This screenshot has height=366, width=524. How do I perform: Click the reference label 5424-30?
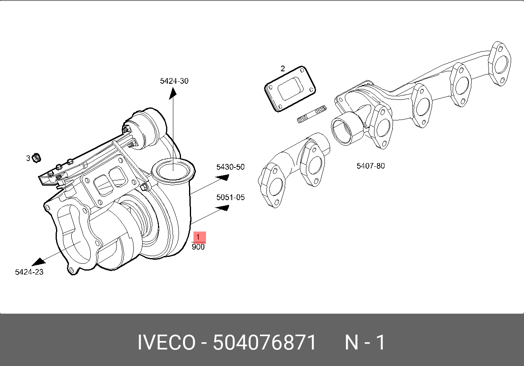(174, 81)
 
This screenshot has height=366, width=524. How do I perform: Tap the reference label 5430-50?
(230, 167)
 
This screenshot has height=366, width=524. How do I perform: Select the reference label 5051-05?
(231, 197)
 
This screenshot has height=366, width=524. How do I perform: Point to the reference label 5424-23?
(29, 272)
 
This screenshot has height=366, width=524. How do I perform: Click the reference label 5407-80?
(370, 166)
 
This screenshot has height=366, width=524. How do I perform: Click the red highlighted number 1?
(198, 237)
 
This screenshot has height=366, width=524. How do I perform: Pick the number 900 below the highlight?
(198, 247)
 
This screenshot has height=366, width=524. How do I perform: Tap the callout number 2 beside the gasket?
(283, 69)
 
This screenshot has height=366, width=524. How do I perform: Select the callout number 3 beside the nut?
(28, 158)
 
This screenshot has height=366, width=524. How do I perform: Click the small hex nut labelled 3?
(36, 158)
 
